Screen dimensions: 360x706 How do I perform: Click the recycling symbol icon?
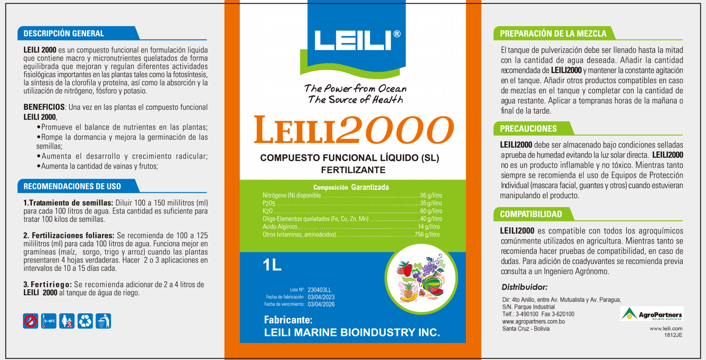point(85,321)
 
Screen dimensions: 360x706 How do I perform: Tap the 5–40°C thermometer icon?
point(49,321)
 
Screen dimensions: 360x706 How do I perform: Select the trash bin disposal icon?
point(104,321)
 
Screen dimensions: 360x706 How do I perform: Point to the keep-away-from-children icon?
point(67,321)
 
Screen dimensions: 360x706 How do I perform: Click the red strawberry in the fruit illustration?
point(405,269)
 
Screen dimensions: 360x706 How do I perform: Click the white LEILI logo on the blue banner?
point(353,40)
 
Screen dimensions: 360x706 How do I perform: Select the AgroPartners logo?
point(652,314)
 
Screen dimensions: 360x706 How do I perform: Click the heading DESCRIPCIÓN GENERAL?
point(64,34)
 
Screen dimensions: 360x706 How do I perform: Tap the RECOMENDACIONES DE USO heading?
point(72,186)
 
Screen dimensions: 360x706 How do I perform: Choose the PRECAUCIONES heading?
point(528,128)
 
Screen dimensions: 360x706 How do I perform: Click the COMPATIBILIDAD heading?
point(531,214)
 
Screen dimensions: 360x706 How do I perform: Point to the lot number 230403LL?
point(320,290)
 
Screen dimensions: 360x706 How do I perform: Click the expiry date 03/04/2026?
point(321,304)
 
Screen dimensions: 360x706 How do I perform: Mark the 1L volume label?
point(272,266)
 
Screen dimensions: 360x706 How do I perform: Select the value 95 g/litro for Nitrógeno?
point(430,196)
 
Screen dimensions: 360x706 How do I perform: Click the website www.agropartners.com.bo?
point(533,321)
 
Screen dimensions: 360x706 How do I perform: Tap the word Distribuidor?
point(524,287)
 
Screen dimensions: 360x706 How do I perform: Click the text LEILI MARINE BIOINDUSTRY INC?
point(352,333)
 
